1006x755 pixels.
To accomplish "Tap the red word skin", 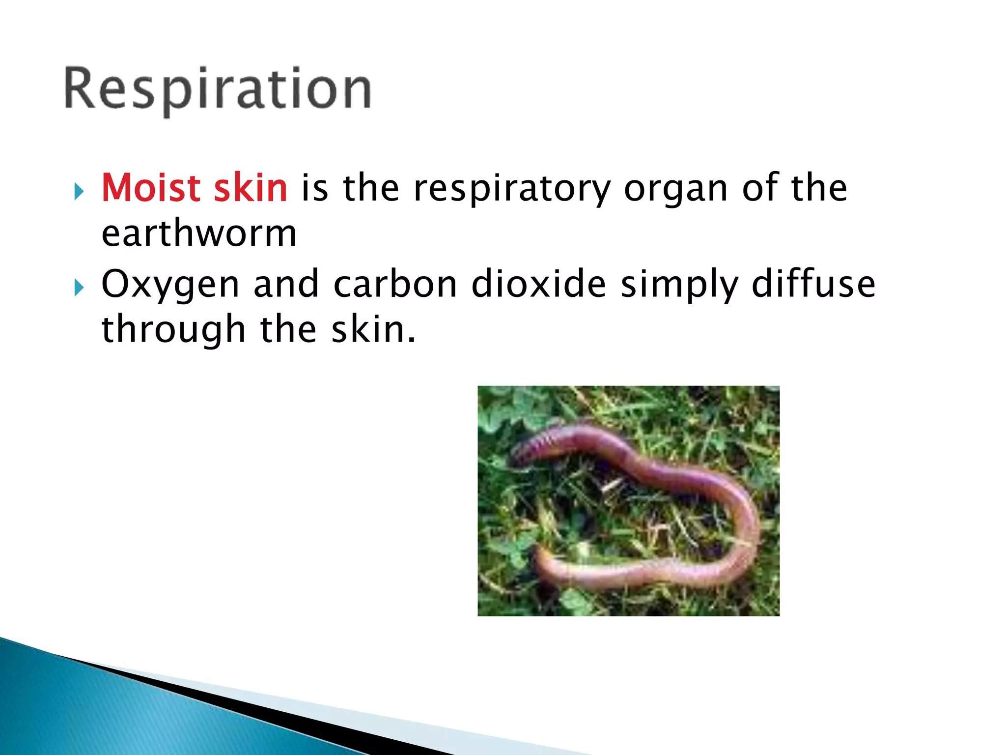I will (251, 188).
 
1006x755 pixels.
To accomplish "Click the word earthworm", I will (199, 233).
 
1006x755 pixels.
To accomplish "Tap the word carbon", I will (395, 284).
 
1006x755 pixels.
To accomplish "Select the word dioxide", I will (539, 284).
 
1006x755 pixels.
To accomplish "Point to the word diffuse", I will (813, 284).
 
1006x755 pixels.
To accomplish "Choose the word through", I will (173, 330).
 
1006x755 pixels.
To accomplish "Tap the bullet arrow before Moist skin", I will (79, 191).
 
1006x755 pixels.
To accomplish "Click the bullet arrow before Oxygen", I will (79, 287).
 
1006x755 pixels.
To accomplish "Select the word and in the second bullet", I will (286, 284).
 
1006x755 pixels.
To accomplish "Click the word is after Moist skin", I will (314, 188).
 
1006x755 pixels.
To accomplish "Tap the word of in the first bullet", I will (760, 188).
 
